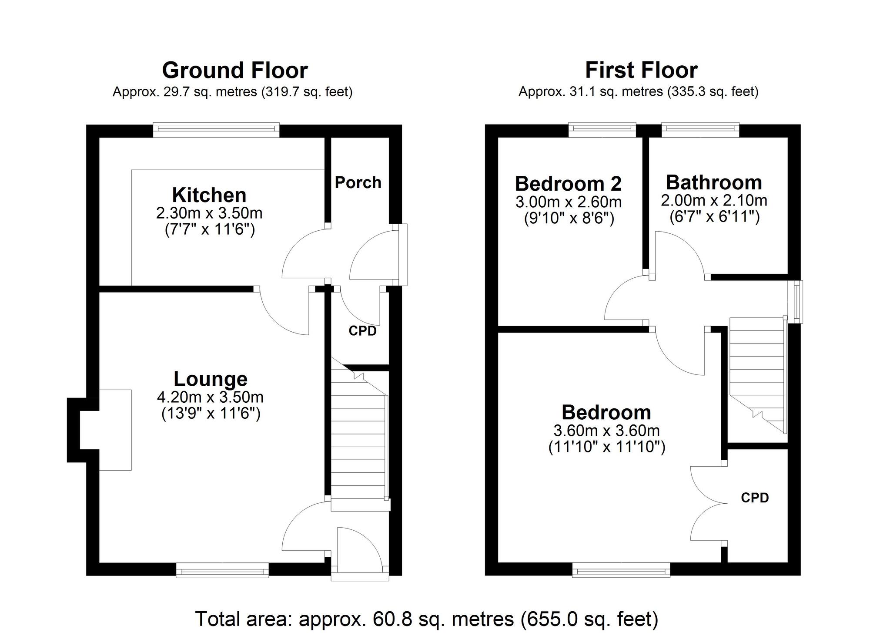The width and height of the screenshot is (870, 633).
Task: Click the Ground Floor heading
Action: (x=235, y=70)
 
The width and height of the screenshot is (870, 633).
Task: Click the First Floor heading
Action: (x=641, y=70)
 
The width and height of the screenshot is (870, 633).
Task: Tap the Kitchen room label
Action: (x=209, y=195)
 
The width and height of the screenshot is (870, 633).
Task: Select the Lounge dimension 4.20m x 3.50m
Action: (x=210, y=397)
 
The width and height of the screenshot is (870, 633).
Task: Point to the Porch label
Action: (x=358, y=182)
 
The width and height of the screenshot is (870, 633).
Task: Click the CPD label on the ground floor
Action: (x=362, y=331)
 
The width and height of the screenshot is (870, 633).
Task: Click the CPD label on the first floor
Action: (x=755, y=498)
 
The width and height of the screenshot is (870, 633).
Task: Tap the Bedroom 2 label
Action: (x=568, y=184)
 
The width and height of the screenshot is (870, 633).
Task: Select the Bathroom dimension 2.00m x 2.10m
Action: (x=714, y=200)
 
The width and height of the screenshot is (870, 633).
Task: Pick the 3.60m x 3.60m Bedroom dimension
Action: (x=606, y=431)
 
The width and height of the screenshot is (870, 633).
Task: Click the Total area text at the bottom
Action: (x=426, y=619)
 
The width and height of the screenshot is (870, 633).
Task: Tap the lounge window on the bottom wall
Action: (x=222, y=570)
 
